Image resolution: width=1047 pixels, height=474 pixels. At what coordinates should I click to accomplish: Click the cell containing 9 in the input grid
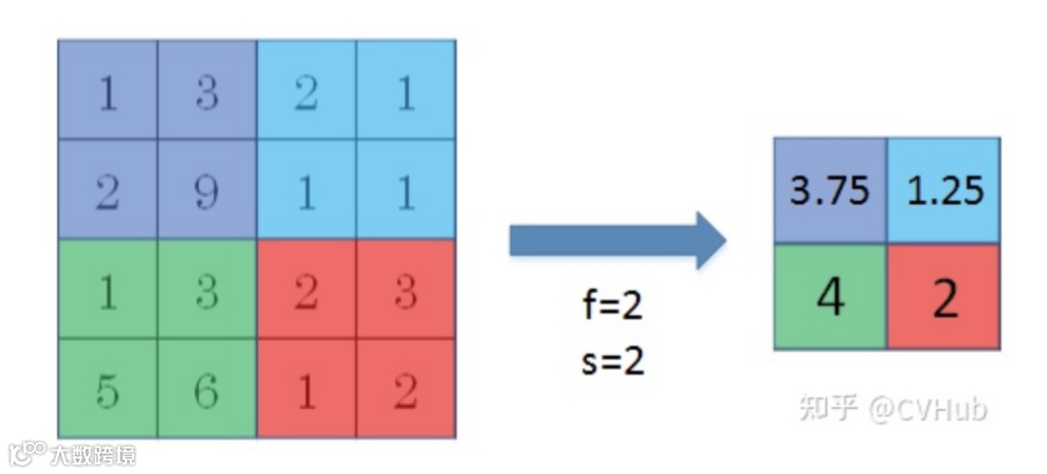206,190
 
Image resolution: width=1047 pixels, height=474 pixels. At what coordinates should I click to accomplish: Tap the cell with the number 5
108,390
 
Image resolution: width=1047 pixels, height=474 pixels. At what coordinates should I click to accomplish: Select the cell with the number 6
206,390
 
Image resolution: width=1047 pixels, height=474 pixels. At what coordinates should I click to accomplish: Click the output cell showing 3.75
830,191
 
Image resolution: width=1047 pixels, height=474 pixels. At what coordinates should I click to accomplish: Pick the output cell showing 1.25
944,191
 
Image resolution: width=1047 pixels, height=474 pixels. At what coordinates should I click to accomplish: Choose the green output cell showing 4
830,298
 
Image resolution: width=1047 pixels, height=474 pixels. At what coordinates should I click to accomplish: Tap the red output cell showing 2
944,298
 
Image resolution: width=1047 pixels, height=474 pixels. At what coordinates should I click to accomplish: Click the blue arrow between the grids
617,240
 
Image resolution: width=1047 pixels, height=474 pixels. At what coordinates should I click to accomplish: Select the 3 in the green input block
206,290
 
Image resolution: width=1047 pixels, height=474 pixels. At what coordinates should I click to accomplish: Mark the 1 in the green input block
108,290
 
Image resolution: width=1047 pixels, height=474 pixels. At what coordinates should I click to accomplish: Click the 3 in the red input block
405,290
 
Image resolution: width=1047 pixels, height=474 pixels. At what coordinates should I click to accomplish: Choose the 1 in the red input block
306,390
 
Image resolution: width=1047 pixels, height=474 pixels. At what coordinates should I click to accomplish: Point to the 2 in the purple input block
108,190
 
